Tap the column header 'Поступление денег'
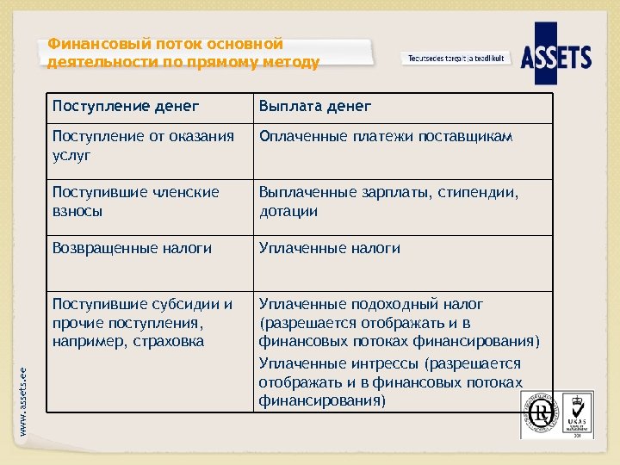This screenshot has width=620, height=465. (x=126, y=106)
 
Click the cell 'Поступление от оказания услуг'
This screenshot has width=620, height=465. (x=142, y=146)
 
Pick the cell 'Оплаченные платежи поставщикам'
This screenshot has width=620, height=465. (x=386, y=137)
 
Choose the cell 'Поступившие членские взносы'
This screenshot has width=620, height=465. (x=135, y=201)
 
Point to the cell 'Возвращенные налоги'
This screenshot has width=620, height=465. (x=132, y=248)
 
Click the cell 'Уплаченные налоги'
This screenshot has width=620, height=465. (x=330, y=248)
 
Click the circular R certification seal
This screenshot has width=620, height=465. (x=541, y=414)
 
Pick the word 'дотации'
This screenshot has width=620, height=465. (x=288, y=211)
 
